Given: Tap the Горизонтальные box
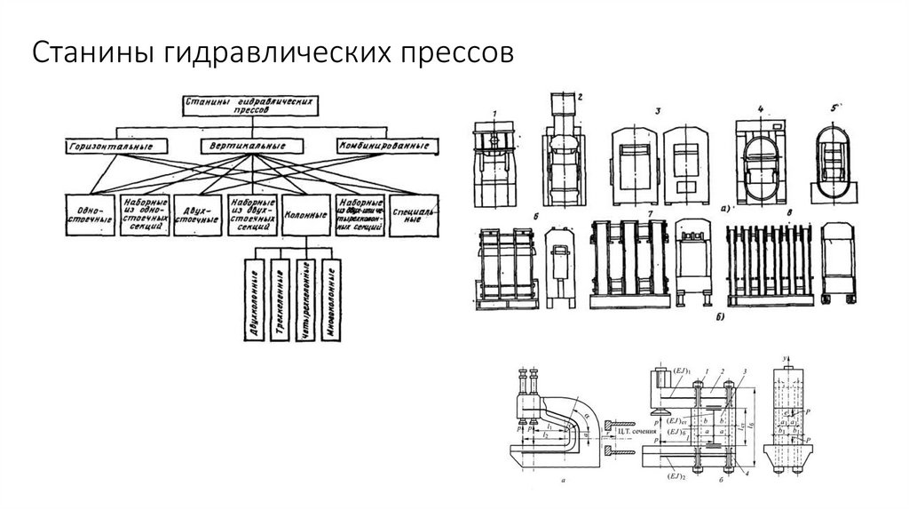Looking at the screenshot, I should pos(110,144).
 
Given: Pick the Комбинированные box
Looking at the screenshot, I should pos(388,144).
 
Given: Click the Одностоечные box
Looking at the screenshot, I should pos(89,214).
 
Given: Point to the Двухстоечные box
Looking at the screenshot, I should pos(197,214).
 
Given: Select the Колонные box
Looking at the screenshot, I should pos(306,214).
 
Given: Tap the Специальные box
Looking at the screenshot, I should pos(413,214).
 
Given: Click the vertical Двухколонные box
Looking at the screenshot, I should pos(254,302).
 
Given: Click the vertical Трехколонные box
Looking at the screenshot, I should pos(279,302).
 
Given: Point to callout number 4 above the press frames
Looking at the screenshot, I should pos(761,109).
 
